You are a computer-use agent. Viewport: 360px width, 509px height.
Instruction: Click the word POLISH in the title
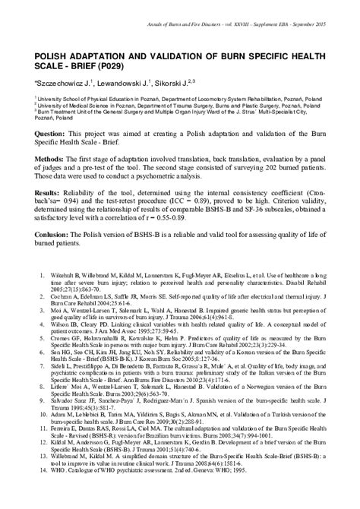point(53,55)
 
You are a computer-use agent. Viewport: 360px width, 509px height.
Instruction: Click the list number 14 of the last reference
point(45,491)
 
